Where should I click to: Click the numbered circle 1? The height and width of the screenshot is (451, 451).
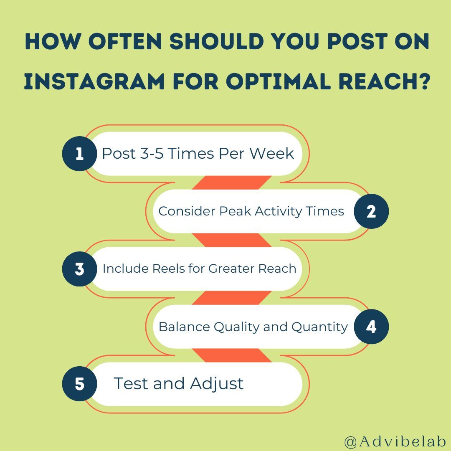pos(79,154)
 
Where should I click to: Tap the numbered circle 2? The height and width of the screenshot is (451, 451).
pos(371,211)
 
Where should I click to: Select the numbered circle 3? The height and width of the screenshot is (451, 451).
pos(79,269)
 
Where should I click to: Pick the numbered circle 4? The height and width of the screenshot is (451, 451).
pos(371,327)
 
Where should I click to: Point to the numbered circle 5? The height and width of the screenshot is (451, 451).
pos(79,384)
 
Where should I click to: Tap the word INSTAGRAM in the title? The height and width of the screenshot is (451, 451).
pos(94,81)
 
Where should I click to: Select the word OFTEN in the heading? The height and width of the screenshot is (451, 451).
pos(133,43)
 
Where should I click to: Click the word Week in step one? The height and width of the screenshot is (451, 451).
pos(272,154)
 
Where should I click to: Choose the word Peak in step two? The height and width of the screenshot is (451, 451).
pos(235,211)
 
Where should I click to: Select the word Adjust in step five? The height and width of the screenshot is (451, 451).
pos(217,383)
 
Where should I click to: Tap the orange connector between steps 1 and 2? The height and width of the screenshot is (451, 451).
pos(232,182)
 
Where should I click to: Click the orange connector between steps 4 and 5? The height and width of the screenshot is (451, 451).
pos(232,355)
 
